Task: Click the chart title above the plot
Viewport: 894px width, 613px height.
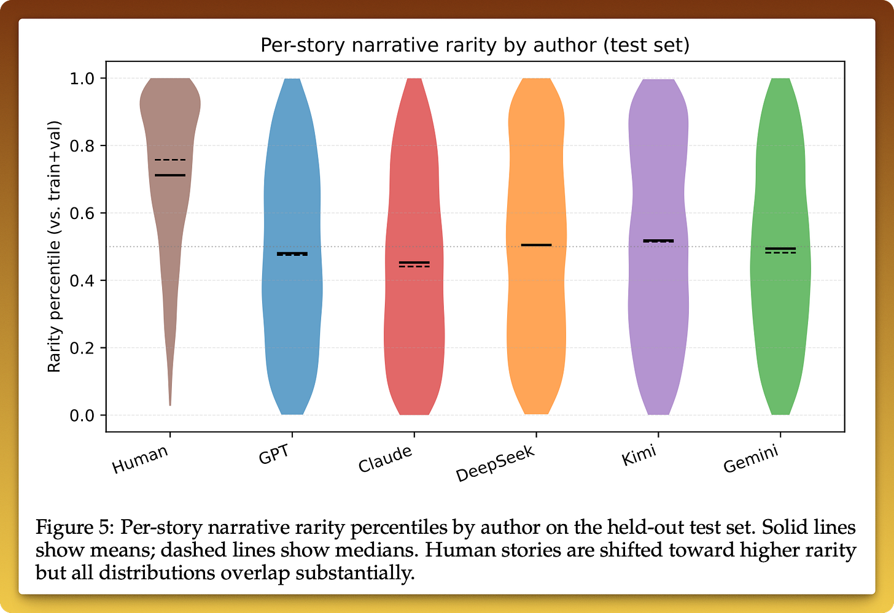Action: (475, 45)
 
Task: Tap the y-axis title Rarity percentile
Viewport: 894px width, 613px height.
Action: (54, 247)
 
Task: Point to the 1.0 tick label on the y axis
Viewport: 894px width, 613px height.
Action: (82, 79)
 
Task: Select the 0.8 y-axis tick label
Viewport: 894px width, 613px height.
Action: (82, 146)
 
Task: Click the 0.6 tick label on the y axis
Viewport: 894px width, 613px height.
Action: (82, 214)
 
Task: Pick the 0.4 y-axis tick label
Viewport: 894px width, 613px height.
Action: (82, 281)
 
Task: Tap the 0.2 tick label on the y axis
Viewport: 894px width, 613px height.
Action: (82, 348)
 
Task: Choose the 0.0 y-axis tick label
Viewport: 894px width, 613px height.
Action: (82, 415)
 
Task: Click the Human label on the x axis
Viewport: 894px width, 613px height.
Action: (140, 459)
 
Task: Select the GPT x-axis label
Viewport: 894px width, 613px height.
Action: (274, 454)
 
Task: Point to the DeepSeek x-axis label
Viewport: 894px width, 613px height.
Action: (495, 463)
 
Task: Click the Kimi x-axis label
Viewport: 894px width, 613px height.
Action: (639, 455)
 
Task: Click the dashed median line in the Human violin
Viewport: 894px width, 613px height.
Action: (170, 160)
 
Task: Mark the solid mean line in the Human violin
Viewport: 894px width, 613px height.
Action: (170, 175)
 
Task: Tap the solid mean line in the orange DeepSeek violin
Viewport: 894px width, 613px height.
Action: (537, 245)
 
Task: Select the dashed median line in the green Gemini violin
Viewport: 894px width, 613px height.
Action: (780, 253)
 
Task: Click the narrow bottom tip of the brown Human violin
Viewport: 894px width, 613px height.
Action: (170, 405)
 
